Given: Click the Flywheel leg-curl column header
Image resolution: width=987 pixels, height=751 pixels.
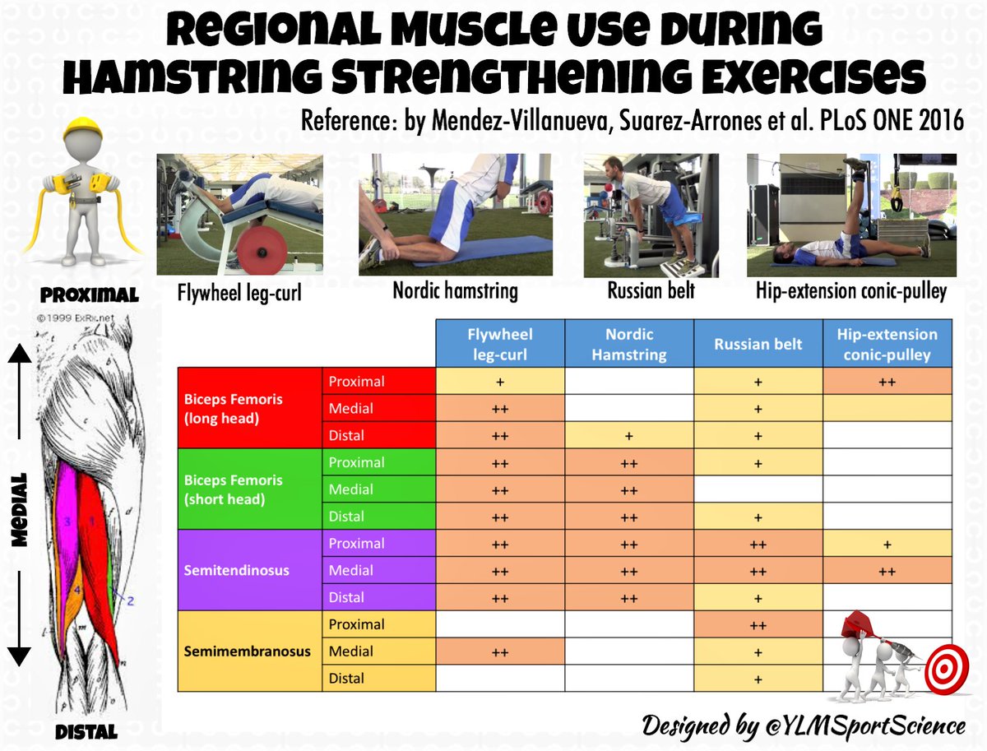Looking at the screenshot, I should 500,343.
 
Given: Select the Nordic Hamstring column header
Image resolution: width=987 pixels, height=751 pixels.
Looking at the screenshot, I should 629,343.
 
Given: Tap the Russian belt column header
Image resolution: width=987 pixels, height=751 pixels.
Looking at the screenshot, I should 758,344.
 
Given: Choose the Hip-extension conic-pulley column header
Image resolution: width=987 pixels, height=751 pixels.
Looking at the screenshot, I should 887,343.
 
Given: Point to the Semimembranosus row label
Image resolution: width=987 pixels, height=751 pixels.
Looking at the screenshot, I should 246,651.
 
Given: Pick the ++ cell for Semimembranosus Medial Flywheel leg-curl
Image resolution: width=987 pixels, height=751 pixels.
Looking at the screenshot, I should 500,651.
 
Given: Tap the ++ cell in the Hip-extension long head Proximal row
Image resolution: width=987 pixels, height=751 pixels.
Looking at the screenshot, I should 887,382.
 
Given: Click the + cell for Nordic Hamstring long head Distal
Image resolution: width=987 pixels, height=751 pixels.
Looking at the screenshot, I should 629,435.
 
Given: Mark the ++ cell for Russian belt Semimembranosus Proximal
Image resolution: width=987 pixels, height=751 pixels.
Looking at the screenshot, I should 758,624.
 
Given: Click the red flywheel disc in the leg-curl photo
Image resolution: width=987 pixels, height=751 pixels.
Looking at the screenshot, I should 265,247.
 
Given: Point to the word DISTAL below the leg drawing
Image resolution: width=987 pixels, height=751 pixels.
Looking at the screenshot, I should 87,730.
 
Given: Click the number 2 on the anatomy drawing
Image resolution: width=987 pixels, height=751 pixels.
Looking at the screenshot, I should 130,600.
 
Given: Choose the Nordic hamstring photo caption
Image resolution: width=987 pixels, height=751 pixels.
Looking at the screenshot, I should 455,291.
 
